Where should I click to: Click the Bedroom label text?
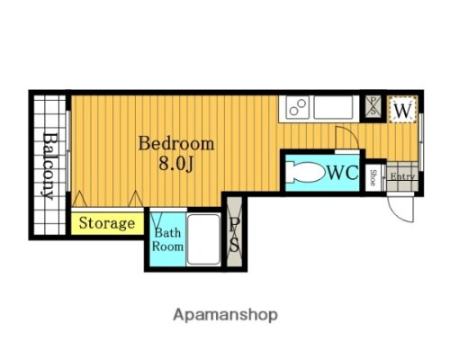point(176,144)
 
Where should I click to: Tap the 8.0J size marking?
point(175,164)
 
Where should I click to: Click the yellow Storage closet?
point(107,223)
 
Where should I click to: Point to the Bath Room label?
point(167,239)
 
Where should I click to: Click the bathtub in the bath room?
point(204,239)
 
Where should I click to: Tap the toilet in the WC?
point(305,172)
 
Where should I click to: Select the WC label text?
point(343,173)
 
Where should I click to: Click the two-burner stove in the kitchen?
point(298,107)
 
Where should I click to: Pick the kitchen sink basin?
point(333,107)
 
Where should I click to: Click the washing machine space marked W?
point(402,109)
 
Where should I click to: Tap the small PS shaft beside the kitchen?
point(373,106)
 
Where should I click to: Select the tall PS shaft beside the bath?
point(234,231)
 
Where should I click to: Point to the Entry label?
point(402,176)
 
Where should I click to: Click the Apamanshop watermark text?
point(225,315)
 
